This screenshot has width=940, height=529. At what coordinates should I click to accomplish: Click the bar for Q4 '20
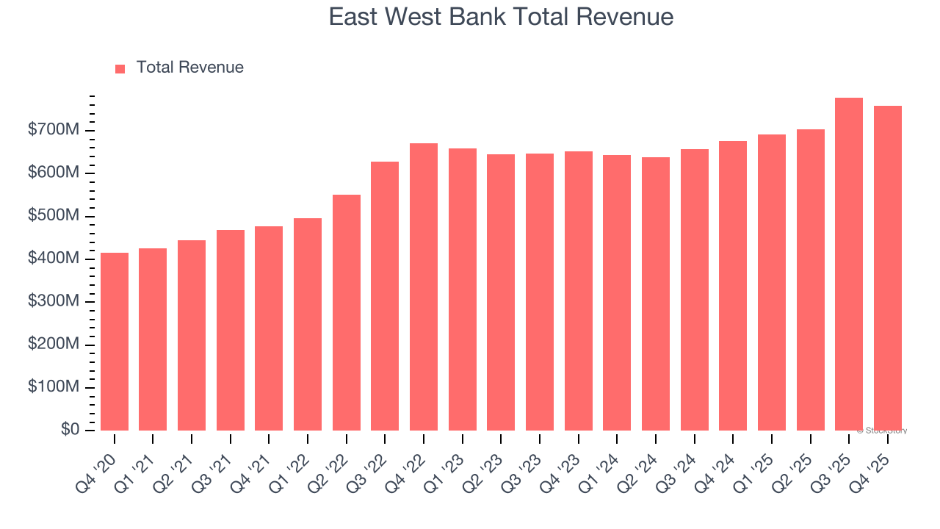115,342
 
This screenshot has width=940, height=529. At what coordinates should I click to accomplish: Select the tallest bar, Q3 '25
849,264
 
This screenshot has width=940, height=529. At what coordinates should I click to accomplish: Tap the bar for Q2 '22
347,312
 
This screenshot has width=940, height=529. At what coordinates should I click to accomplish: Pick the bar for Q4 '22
424,287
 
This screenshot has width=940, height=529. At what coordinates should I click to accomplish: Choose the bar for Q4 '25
888,268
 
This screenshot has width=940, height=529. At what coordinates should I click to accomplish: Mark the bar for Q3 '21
231,330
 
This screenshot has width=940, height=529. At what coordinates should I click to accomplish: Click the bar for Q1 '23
463,289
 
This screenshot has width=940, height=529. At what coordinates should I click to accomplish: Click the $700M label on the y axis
54,130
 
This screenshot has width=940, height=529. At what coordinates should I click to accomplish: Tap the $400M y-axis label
54,259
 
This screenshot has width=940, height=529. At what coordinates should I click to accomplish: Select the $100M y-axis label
54,387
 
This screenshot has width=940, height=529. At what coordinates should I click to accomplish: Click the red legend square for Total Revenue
120,68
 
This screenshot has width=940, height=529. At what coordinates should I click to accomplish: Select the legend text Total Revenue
189,68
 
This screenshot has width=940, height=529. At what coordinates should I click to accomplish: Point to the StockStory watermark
882,431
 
